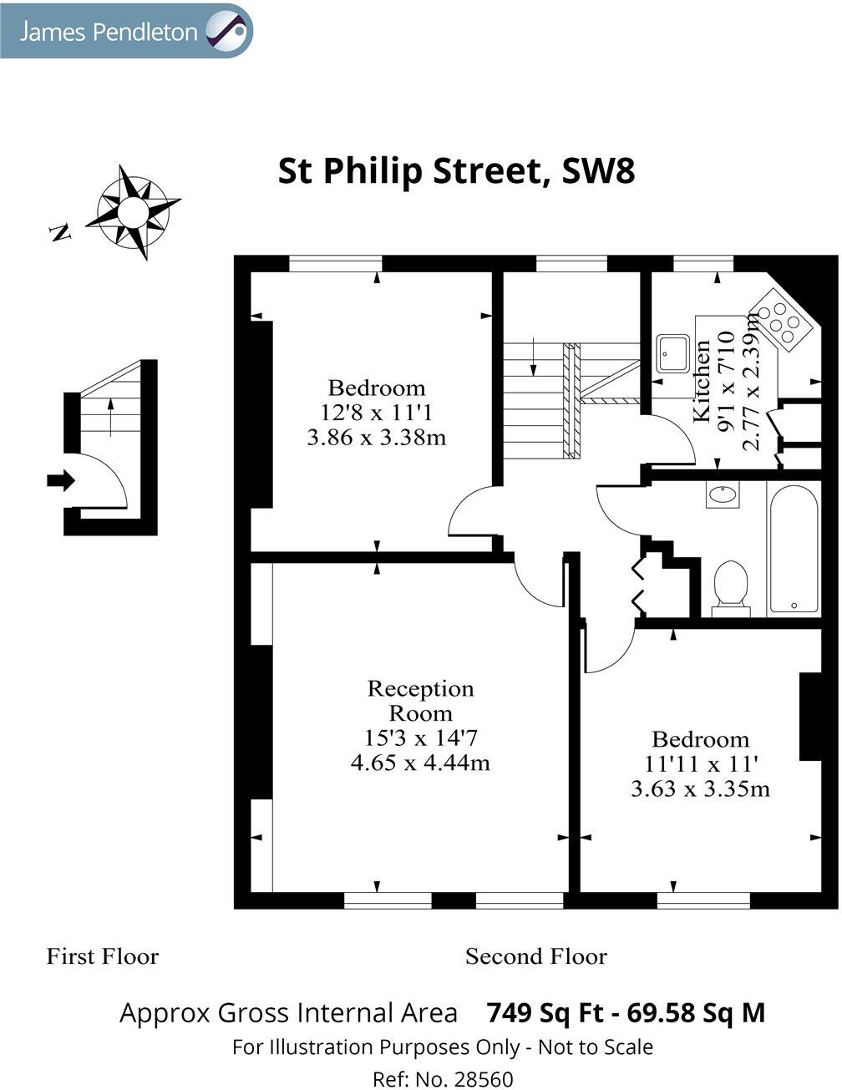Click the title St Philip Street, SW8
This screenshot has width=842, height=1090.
[x=456, y=171]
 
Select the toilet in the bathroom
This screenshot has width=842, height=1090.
[x=731, y=583]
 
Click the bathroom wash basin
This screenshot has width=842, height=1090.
[x=723, y=495]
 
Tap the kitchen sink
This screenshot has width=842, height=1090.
[x=672, y=353]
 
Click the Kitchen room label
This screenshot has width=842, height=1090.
[x=703, y=380]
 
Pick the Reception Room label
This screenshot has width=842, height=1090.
[x=420, y=701]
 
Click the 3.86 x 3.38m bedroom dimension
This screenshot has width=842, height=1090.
[x=376, y=437]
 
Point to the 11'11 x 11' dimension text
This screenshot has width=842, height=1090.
[x=701, y=763]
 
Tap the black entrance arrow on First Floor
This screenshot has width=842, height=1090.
[x=61, y=480]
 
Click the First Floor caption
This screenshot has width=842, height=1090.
[x=102, y=956]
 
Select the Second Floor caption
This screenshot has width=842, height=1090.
[x=535, y=956]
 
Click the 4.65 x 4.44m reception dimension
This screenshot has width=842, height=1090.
[x=420, y=763]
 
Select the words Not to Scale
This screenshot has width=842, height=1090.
[x=595, y=1047]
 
